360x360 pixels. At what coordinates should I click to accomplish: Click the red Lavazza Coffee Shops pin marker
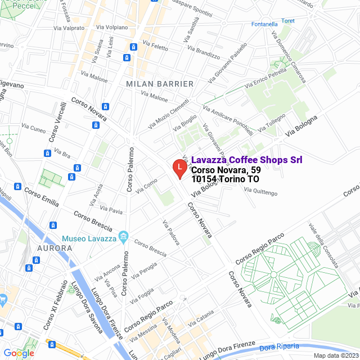[x=179, y=168]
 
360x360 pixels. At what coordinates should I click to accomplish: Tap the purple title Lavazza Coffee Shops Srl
[x=246, y=160]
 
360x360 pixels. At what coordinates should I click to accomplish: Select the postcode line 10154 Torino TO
[x=225, y=179]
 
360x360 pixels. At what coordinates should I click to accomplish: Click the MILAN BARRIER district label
[x=160, y=84]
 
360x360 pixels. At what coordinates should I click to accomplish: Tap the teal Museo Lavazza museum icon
[x=124, y=235]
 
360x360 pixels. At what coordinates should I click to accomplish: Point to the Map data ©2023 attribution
[x=336, y=355]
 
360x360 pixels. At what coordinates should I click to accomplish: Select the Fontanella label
[x=265, y=24]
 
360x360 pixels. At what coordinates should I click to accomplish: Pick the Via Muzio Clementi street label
[x=169, y=112]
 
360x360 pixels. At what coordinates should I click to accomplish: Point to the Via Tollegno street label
[x=276, y=120]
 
